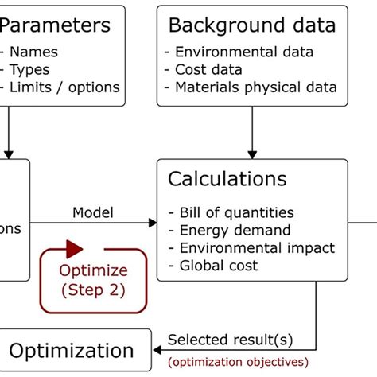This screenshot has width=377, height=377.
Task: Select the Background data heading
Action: coord(251,25)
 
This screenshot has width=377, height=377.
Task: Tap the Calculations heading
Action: coord(227,179)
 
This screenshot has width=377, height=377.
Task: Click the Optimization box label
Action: coord(72,351)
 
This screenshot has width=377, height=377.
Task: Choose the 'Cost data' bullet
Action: coord(213,70)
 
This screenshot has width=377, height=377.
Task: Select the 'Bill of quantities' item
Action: coord(231,212)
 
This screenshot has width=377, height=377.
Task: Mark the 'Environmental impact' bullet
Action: coord(251,247)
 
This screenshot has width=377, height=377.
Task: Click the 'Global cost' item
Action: coord(213,265)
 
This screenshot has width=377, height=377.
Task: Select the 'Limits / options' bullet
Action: coord(62,87)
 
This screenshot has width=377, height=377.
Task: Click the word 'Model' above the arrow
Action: coord(93,212)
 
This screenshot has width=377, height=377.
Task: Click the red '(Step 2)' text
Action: coord(93,290)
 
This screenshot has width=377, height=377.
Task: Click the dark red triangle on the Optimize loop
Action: coord(75,248)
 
